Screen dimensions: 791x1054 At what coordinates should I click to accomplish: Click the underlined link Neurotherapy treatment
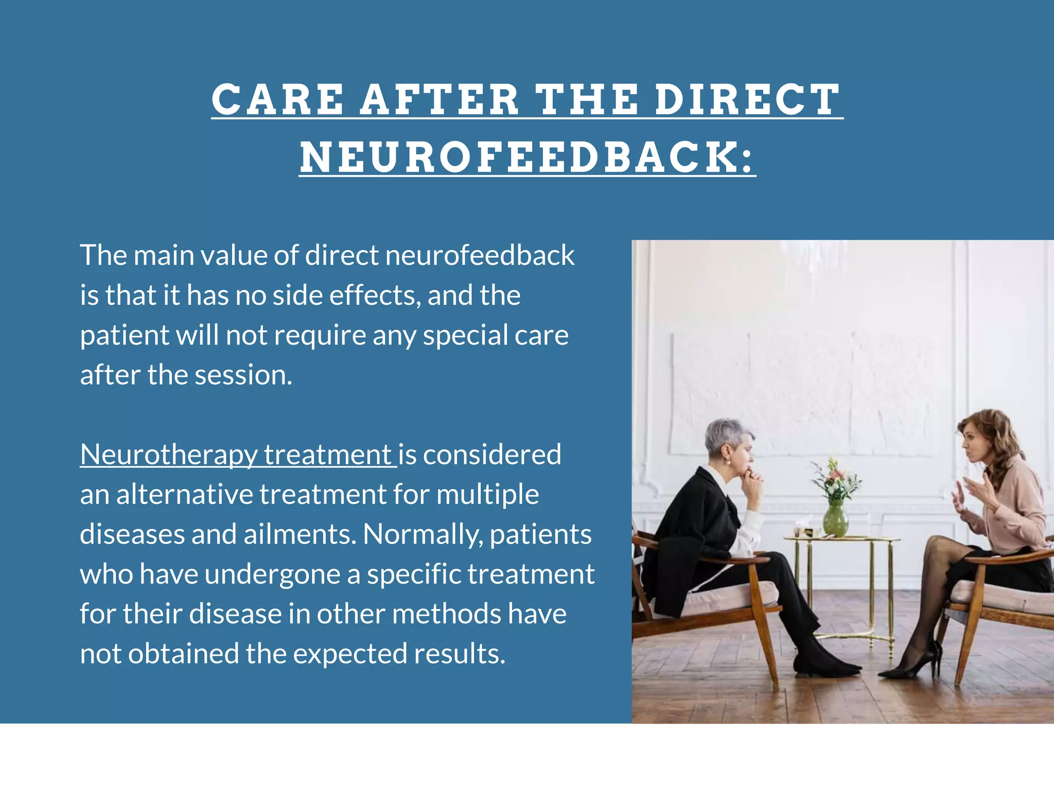click(238, 455)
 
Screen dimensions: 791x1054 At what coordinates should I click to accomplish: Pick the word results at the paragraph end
click(459, 654)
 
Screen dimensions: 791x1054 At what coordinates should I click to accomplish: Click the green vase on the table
click(835, 520)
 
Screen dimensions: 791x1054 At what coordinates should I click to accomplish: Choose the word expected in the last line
click(350, 654)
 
